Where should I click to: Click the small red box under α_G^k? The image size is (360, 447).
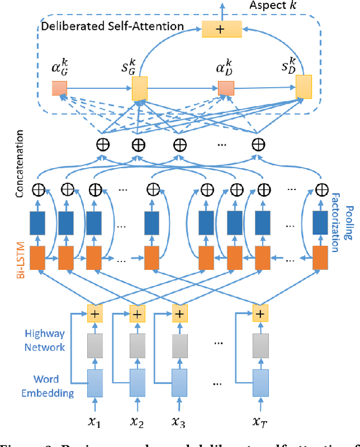pyautogui.click(x=59, y=88)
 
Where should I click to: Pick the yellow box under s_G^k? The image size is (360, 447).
pyautogui.click(x=139, y=89)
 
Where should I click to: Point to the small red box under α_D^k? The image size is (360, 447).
pyautogui.click(x=226, y=88)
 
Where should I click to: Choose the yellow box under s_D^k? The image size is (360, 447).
pyautogui.click(x=304, y=84)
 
